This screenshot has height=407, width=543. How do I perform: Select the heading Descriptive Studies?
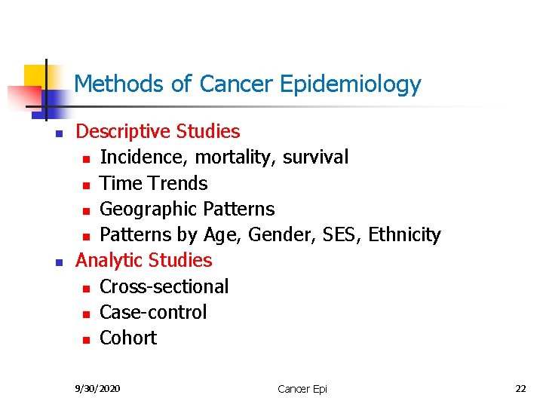click(158, 131)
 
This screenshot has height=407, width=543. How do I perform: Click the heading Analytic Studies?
click(144, 260)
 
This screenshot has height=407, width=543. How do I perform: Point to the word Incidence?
click(145, 157)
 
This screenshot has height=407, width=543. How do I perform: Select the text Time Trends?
click(153, 183)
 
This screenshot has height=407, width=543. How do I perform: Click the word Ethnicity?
click(404, 234)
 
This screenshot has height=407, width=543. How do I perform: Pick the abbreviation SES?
click(341, 234)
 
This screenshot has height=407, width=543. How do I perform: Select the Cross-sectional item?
click(164, 286)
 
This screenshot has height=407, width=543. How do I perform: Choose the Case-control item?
click(152, 312)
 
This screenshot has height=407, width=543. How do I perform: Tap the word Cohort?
click(128, 338)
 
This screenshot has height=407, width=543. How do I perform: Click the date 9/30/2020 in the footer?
click(97, 388)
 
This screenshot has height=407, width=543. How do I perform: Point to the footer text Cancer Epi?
click(302, 389)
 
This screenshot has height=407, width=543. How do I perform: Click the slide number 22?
click(520, 388)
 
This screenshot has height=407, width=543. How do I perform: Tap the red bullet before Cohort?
click(87, 339)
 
